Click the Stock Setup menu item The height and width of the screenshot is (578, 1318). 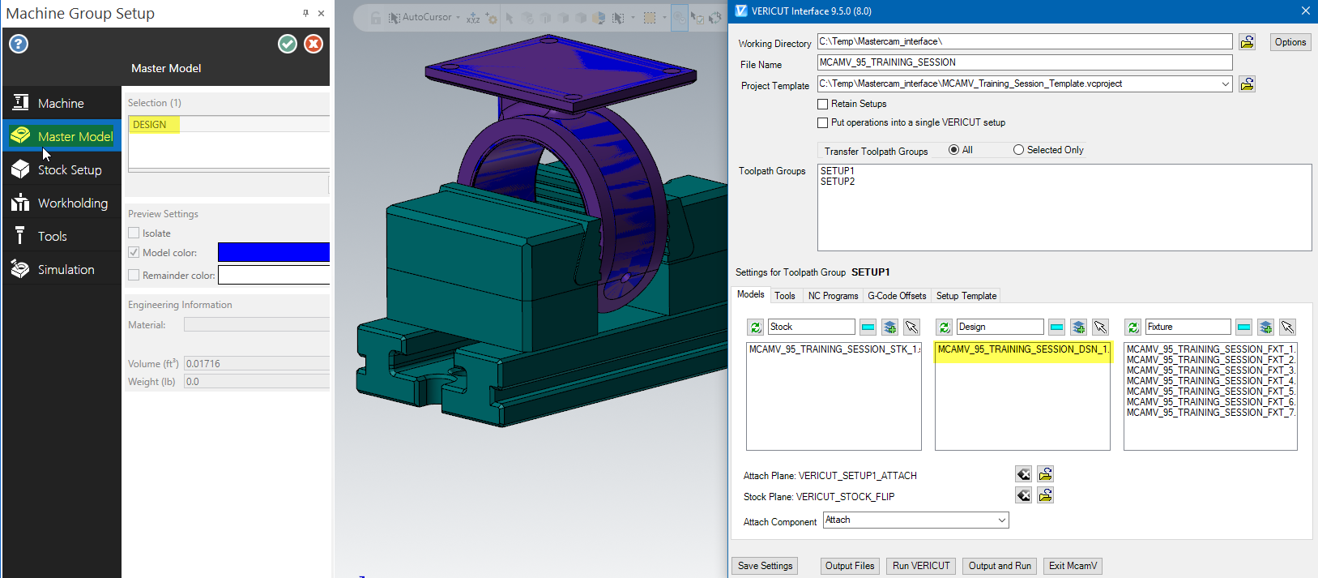[62, 169]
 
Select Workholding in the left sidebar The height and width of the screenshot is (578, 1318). [62, 203]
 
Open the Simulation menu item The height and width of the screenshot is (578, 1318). [62, 270]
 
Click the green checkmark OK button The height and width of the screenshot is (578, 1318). [287, 44]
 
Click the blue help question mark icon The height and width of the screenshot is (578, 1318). [19, 44]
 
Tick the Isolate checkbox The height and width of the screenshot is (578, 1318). [134, 233]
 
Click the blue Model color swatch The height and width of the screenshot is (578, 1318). [274, 252]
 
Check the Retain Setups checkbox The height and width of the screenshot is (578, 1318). [822, 105]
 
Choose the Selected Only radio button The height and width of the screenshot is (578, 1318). [1018, 150]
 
